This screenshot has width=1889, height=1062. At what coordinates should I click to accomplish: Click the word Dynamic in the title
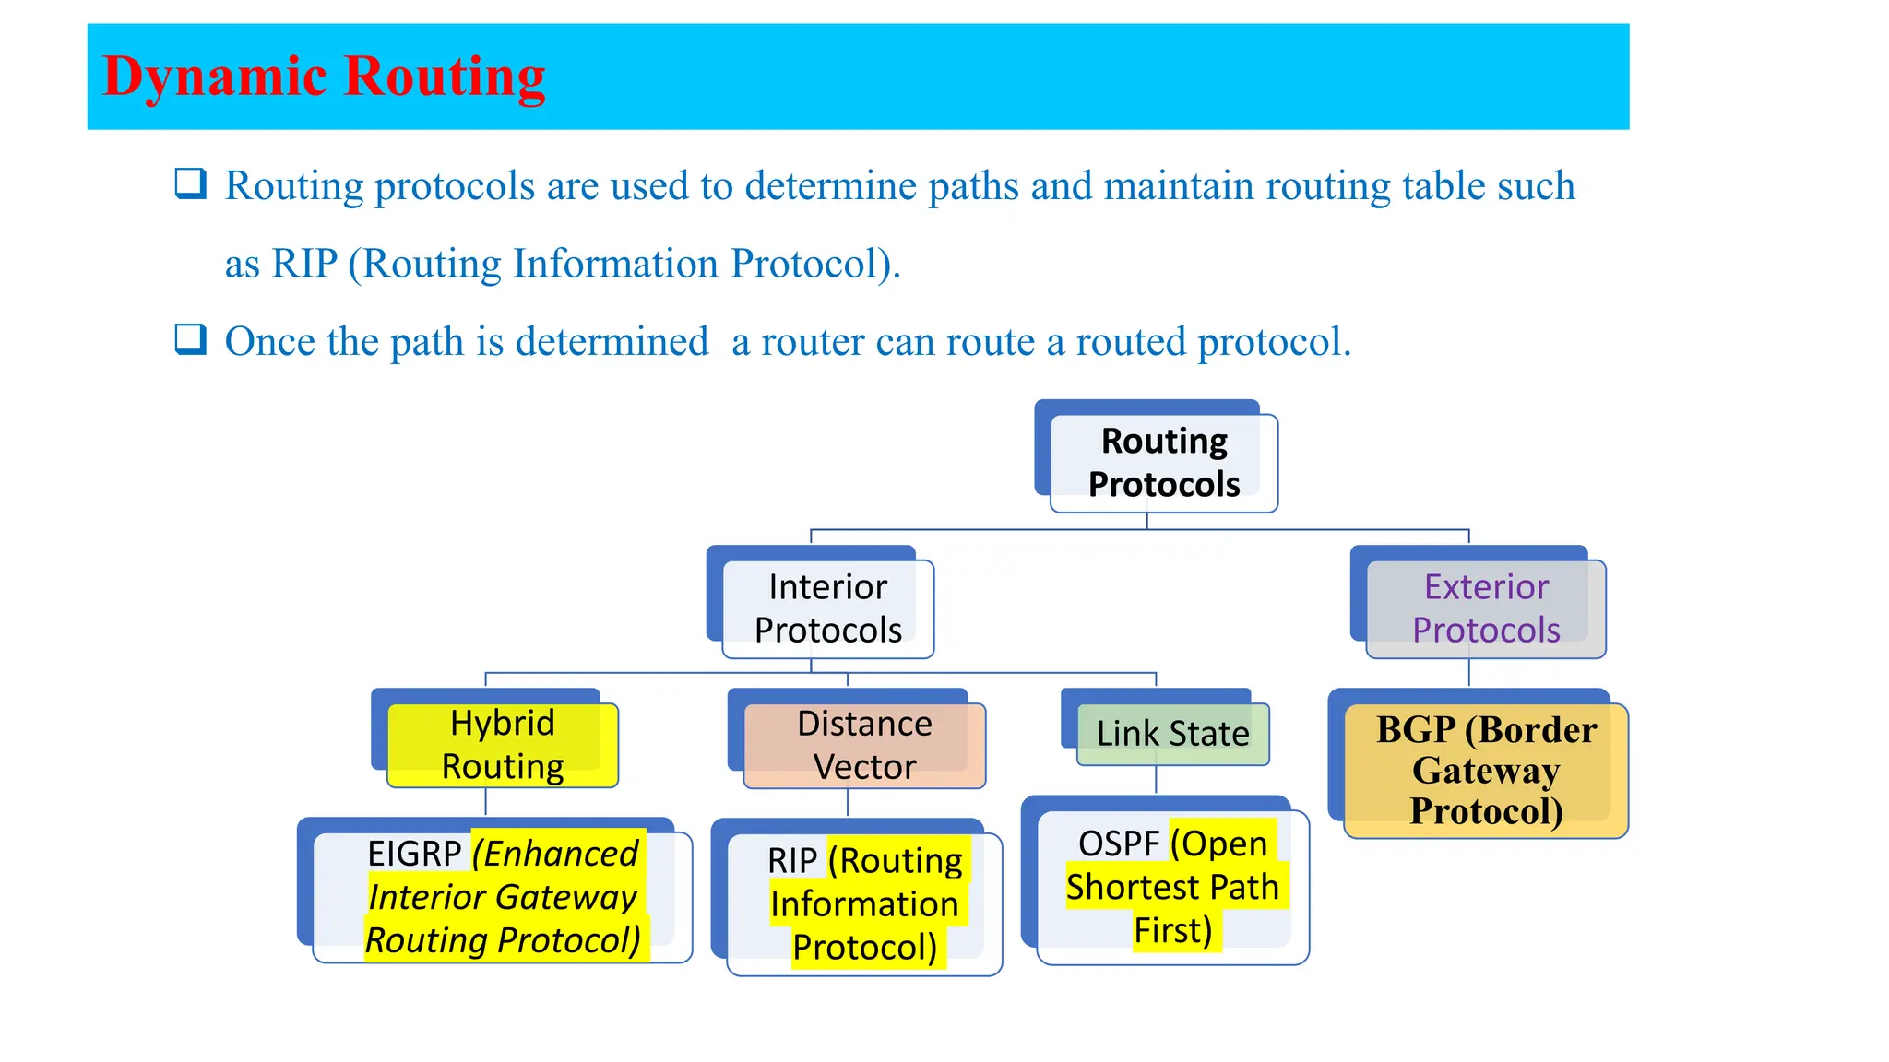[213, 77]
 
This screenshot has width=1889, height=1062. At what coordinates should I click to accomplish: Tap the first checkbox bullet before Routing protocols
[190, 183]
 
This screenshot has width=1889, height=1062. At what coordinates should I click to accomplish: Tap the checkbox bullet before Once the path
[190, 339]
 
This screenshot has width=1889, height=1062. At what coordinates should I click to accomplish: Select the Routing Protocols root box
[1163, 463]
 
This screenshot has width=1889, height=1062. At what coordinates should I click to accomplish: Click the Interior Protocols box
[827, 608]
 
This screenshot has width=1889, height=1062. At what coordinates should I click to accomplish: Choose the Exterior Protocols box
[1485, 608]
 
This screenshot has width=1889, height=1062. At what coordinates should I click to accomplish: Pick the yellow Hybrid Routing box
[502, 745]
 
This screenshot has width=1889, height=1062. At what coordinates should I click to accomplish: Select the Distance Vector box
[863, 745]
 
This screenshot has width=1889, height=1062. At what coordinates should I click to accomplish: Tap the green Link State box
[1171, 734]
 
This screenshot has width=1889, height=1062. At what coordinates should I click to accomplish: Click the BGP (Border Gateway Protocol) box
[1485, 771]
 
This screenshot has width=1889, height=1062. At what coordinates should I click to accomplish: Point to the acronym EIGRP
[413, 854]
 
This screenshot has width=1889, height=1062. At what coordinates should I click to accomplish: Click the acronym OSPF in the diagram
[1118, 844]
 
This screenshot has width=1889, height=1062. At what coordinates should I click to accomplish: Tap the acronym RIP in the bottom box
[791, 861]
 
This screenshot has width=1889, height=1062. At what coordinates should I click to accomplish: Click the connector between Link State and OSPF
[1156, 780]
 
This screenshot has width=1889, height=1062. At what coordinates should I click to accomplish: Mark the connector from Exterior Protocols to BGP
[1468, 673]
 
